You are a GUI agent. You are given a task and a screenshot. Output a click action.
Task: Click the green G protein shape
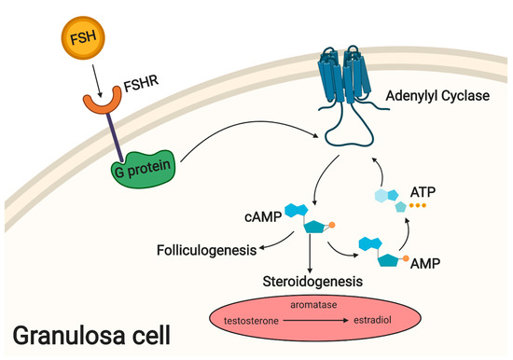(146, 172)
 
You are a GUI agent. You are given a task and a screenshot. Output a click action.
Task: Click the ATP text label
(423, 193)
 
